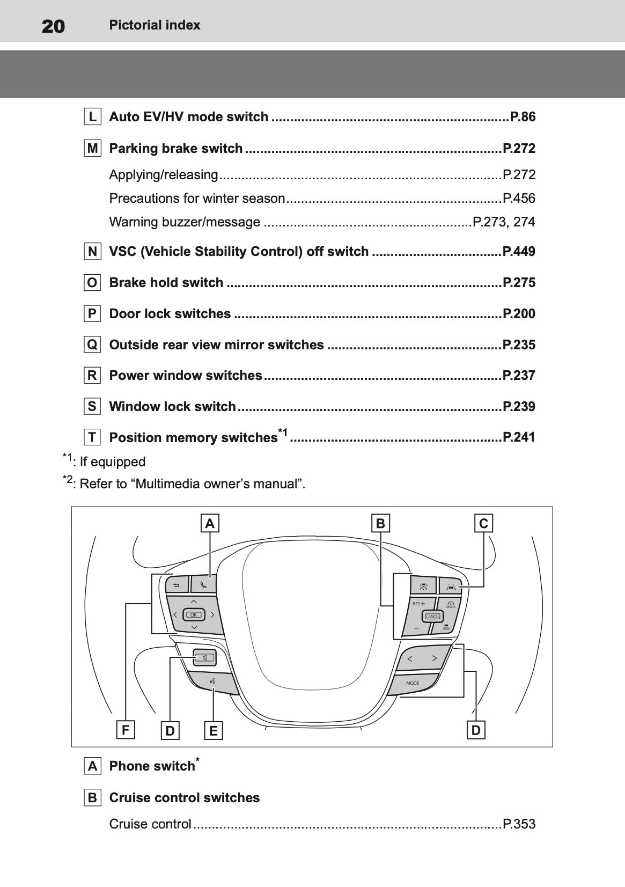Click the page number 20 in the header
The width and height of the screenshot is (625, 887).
tap(53, 26)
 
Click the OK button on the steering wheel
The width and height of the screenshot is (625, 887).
tap(194, 614)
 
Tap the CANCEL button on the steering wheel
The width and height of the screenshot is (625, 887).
tap(432, 616)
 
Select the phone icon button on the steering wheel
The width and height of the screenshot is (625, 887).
tap(203, 584)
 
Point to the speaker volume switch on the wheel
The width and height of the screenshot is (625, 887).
tap(204, 658)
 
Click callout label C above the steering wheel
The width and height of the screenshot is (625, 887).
tap(483, 523)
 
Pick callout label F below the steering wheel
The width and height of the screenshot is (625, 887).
tap(126, 729)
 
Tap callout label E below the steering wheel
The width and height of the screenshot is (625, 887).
tap(213, 731)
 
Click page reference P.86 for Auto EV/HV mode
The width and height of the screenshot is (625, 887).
tap(523, 117)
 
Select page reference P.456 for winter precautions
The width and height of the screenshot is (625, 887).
tap(519, 198)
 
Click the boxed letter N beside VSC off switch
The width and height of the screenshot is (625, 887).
tap(92, 252)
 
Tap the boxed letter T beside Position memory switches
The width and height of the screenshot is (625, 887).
tap(92, 437)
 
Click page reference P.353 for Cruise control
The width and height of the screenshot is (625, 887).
tap(519, 824)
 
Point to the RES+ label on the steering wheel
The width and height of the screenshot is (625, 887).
tap(418, 604)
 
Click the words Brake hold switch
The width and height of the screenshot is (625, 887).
tap(166, 282)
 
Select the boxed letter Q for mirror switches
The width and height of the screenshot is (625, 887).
tap(92, 344)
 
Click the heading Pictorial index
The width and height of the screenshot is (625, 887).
tap(155, 25)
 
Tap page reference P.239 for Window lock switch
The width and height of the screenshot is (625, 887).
tap(519, 406)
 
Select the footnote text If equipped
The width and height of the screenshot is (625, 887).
tap(113, 461)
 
